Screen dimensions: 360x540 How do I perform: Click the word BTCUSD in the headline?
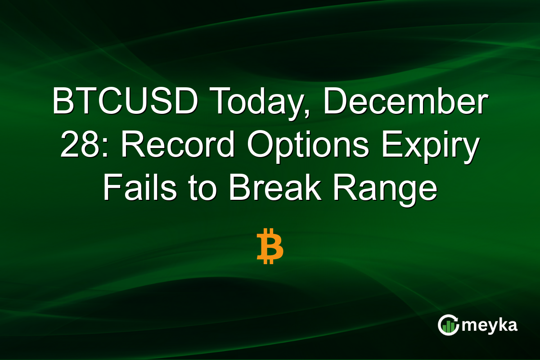click(x=124, y=103)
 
